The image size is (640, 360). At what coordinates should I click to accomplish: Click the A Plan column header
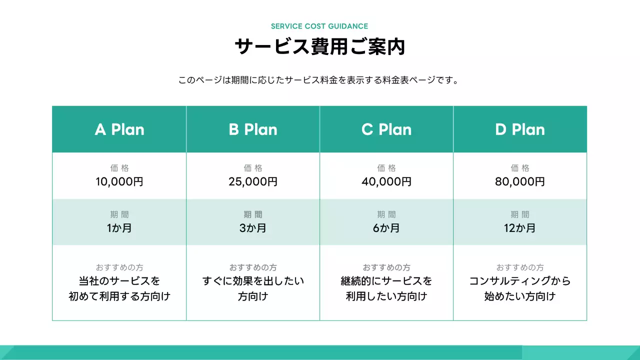[119, 129]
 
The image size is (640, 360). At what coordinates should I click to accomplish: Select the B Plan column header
[253, 129]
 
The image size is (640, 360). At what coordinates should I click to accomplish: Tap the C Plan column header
[386, 129]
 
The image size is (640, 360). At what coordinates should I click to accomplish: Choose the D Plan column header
[520, 129]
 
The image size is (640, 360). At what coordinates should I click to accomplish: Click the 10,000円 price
[119, 181]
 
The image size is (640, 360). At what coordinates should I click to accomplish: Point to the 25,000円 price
[253, 181]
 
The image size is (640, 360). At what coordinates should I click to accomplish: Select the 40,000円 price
[386, 181]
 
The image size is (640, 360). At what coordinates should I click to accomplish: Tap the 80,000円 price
[520, 181]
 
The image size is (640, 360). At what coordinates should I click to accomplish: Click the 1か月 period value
[119, 228]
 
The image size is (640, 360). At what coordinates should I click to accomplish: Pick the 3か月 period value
[253, 228]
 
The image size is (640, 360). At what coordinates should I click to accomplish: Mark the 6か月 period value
[386, 228]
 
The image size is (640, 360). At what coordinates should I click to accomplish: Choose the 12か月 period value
[520, 228]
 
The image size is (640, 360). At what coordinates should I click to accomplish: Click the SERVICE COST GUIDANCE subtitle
[319, 26]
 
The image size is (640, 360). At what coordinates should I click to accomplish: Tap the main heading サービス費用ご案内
[319, 47]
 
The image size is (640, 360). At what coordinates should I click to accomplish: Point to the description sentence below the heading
[319, 80]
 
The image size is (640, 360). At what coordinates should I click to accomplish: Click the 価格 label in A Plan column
[119, 168]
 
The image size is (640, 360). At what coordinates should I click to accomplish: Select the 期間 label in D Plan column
[520, 214]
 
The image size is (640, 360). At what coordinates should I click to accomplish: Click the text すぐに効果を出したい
[253, 281]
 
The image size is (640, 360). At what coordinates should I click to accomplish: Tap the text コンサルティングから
[520, 281]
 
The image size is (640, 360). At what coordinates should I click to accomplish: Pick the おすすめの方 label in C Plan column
[386, 267]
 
